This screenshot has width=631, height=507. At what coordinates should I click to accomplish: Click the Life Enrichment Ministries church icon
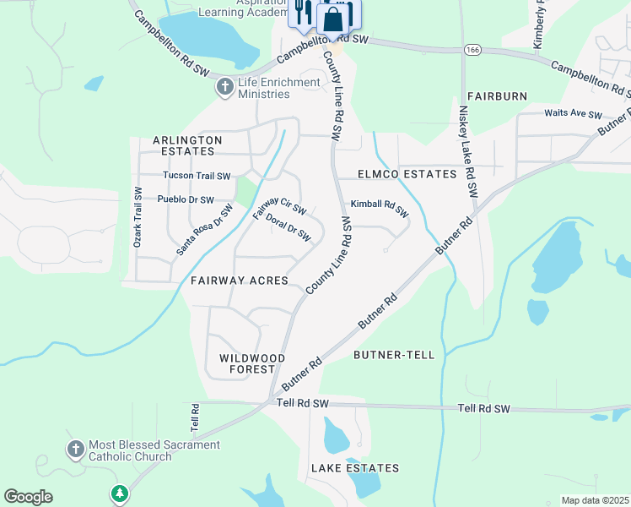pyautogui.click(x=224, y=87)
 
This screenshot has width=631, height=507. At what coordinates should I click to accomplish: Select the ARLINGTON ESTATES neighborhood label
pyautogui.click(x=187, y=146)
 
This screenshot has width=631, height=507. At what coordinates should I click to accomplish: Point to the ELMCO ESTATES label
pyautogui.click(x=395, y=174)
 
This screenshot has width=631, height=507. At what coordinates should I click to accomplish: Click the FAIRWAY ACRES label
pyautogui.click(x=240, y=281)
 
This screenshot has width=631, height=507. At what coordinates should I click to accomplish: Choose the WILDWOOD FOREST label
pyautogui.click(x=247, y=363)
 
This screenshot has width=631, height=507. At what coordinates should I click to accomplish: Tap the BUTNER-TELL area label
pyautogui.click(x=394, y=355)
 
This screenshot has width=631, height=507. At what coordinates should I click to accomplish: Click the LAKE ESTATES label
pyautogui.click(x=354, y=468)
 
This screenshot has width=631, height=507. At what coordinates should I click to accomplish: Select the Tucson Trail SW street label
pyautogui.click(x=197, y=177)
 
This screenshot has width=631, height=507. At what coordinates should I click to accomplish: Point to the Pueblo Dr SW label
pyautogui.click(x=186, y=199)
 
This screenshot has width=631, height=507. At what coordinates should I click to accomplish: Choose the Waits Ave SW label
pyautogui.click(x=574, y=114)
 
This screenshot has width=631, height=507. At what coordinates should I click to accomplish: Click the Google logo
pyautogui.click(x=28, y=497)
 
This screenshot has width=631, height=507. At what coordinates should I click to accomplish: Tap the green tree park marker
pyautogui.click(x=120, y=493)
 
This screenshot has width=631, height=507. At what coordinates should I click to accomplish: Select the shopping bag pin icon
pyautogui.click(x=335, y=17)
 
